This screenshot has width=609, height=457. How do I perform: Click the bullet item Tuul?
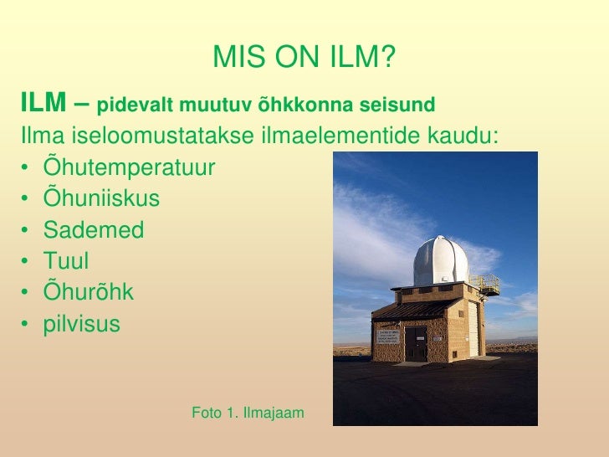66,261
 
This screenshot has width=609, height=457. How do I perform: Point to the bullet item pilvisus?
82,323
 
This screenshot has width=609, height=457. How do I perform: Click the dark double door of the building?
417,343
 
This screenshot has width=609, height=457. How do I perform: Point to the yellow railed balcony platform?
484,284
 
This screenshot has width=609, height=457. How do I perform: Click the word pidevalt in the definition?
130,107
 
